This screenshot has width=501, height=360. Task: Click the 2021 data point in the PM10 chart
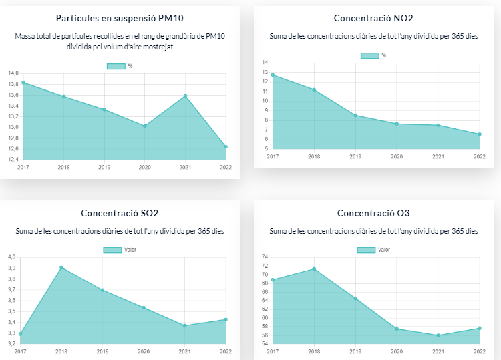(x=185, y=96)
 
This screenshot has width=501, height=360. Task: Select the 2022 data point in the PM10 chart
(x=226, y=146)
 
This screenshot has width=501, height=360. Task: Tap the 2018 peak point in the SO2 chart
(x=61, y=268)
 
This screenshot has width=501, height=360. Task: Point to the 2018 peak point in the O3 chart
(x=314, y=269)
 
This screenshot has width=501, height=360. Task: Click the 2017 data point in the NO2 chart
(x=273, y=75)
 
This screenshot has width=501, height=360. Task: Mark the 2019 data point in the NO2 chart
(x=355, y=115)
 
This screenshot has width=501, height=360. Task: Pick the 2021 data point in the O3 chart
(x=438, y=335)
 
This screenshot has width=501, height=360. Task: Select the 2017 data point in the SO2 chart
(x=21, y=333)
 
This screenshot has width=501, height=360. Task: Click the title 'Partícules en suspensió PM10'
(x=120, y=18)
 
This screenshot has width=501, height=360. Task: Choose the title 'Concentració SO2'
(x=120, y=214)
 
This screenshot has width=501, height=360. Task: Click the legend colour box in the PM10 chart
(x=116, y=65)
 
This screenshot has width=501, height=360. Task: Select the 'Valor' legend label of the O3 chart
(x=384, y=250)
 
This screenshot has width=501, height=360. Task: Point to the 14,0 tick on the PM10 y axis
(x=13, y=73)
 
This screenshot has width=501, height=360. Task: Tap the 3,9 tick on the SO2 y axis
(x=11, y=268)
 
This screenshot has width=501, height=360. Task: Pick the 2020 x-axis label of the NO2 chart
(x=397, y=156)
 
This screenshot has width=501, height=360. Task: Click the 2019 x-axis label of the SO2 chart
(x=102, y=351)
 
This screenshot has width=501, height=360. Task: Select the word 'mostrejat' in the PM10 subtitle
(x=156, y=47)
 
